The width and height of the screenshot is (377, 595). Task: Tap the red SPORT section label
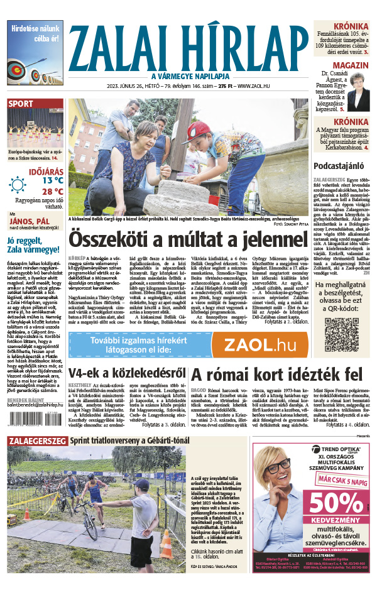pyautogui.click(x=21, y=104)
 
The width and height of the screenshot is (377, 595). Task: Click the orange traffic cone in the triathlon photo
pyautogui.click(x=165, y=544)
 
